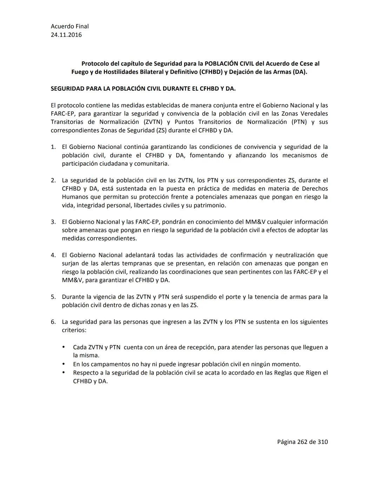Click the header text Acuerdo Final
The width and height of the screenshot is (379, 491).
coord(69,26)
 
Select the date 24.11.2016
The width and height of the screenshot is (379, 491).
coord(66,35)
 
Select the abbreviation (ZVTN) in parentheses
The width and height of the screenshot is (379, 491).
coord(153,122)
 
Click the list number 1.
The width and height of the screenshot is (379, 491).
coord(53,147)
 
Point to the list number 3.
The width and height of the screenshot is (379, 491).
coord(53,222)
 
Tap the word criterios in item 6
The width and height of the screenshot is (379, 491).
coord(73,330)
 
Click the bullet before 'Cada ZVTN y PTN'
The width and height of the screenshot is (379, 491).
coord(64,347)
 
